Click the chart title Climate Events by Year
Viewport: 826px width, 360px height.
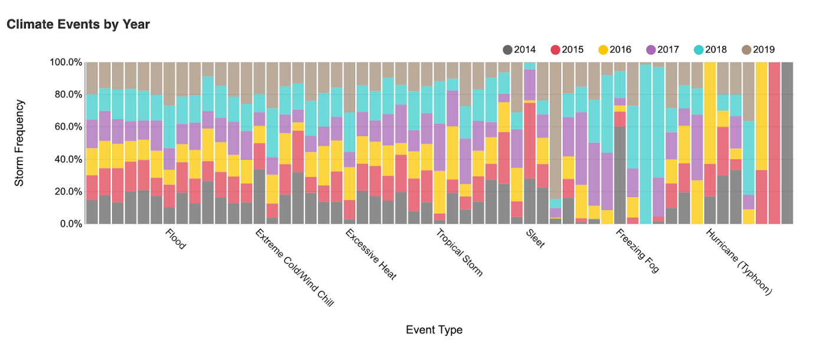pos(78,25)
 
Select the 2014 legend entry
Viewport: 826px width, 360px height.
pos(519,50)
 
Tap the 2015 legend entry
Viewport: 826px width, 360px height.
pos(567,50)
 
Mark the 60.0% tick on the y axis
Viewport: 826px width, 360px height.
pos(67,127)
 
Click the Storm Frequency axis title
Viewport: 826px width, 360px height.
pos(19,143)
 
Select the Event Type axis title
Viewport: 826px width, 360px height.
pos(434,330)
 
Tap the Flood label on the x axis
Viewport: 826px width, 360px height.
pos(175,240)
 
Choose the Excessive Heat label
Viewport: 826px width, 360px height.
pos(371,255)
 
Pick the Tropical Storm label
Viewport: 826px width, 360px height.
pos(459,253)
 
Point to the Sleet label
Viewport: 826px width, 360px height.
pos(535,239)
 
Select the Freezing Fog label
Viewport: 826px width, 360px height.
pos(637,251)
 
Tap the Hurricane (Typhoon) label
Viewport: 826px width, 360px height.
pos(739,262)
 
